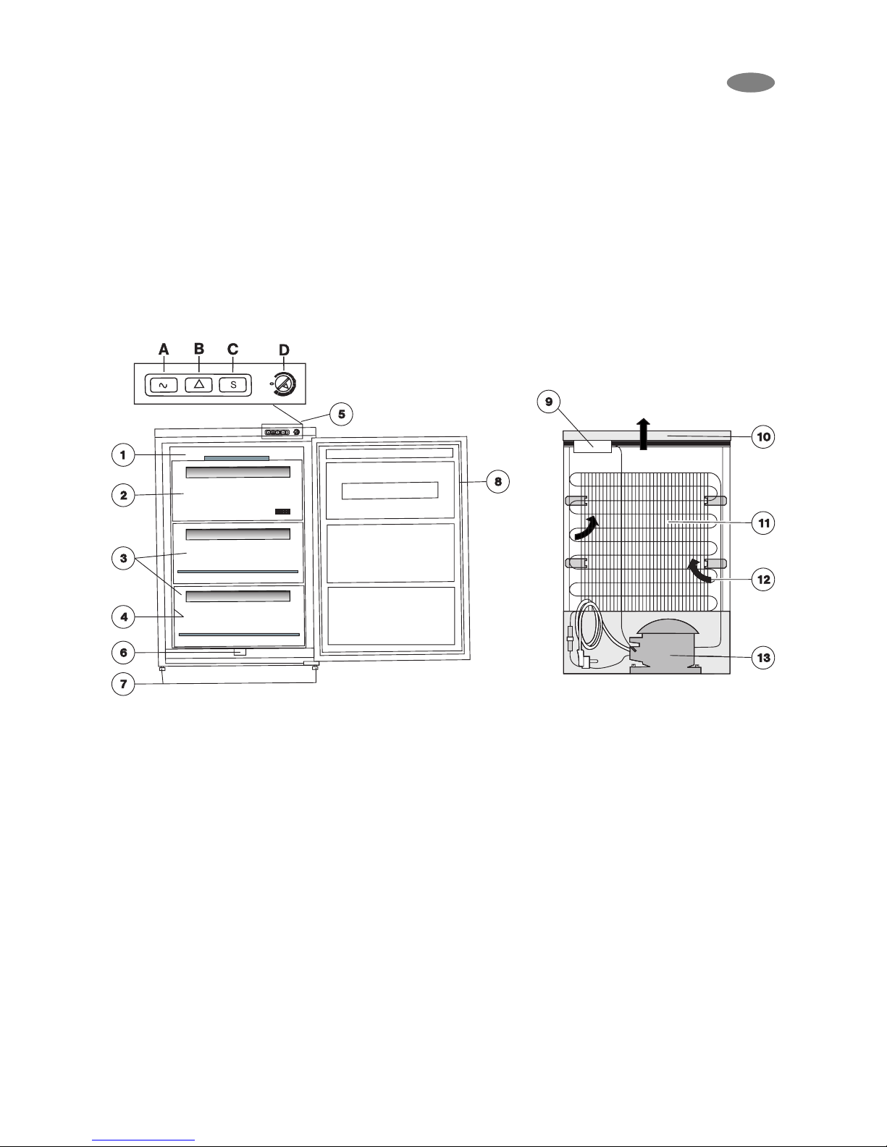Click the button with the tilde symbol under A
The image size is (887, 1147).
[x=163, y=385]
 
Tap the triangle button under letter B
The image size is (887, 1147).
[x=198, y=385]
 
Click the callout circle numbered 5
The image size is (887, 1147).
[x=341, y=415]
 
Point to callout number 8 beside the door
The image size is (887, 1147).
[x=498, y=481]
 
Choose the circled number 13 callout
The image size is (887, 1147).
[x=763, y=658]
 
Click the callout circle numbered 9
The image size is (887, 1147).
[x=549, y=402]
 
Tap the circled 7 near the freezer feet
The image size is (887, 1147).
[x=124, y=684]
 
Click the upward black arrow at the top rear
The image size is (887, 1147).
[x=643, y=434]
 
